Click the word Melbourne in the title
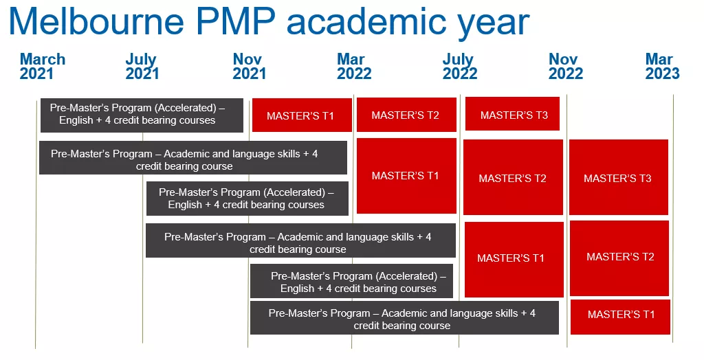point(96,21)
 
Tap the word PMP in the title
point(234,21)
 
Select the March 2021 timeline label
point(42,66)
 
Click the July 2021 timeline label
point(142,66)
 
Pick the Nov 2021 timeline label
point(249,66)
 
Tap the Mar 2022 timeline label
point(354,66)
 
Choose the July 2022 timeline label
point(460,66)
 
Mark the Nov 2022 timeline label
point(566,66)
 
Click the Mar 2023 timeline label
point(663,66)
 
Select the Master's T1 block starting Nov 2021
point(302,115)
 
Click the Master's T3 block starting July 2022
point(512,114)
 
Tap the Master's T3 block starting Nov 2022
point(619,177)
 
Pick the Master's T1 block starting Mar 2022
point(406,175)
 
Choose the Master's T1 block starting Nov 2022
point(620,317)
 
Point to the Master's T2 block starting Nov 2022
point(619,258)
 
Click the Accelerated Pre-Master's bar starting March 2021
point(142,115)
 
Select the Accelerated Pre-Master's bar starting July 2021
point(247,199)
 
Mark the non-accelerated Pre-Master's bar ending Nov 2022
point(404,318)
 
